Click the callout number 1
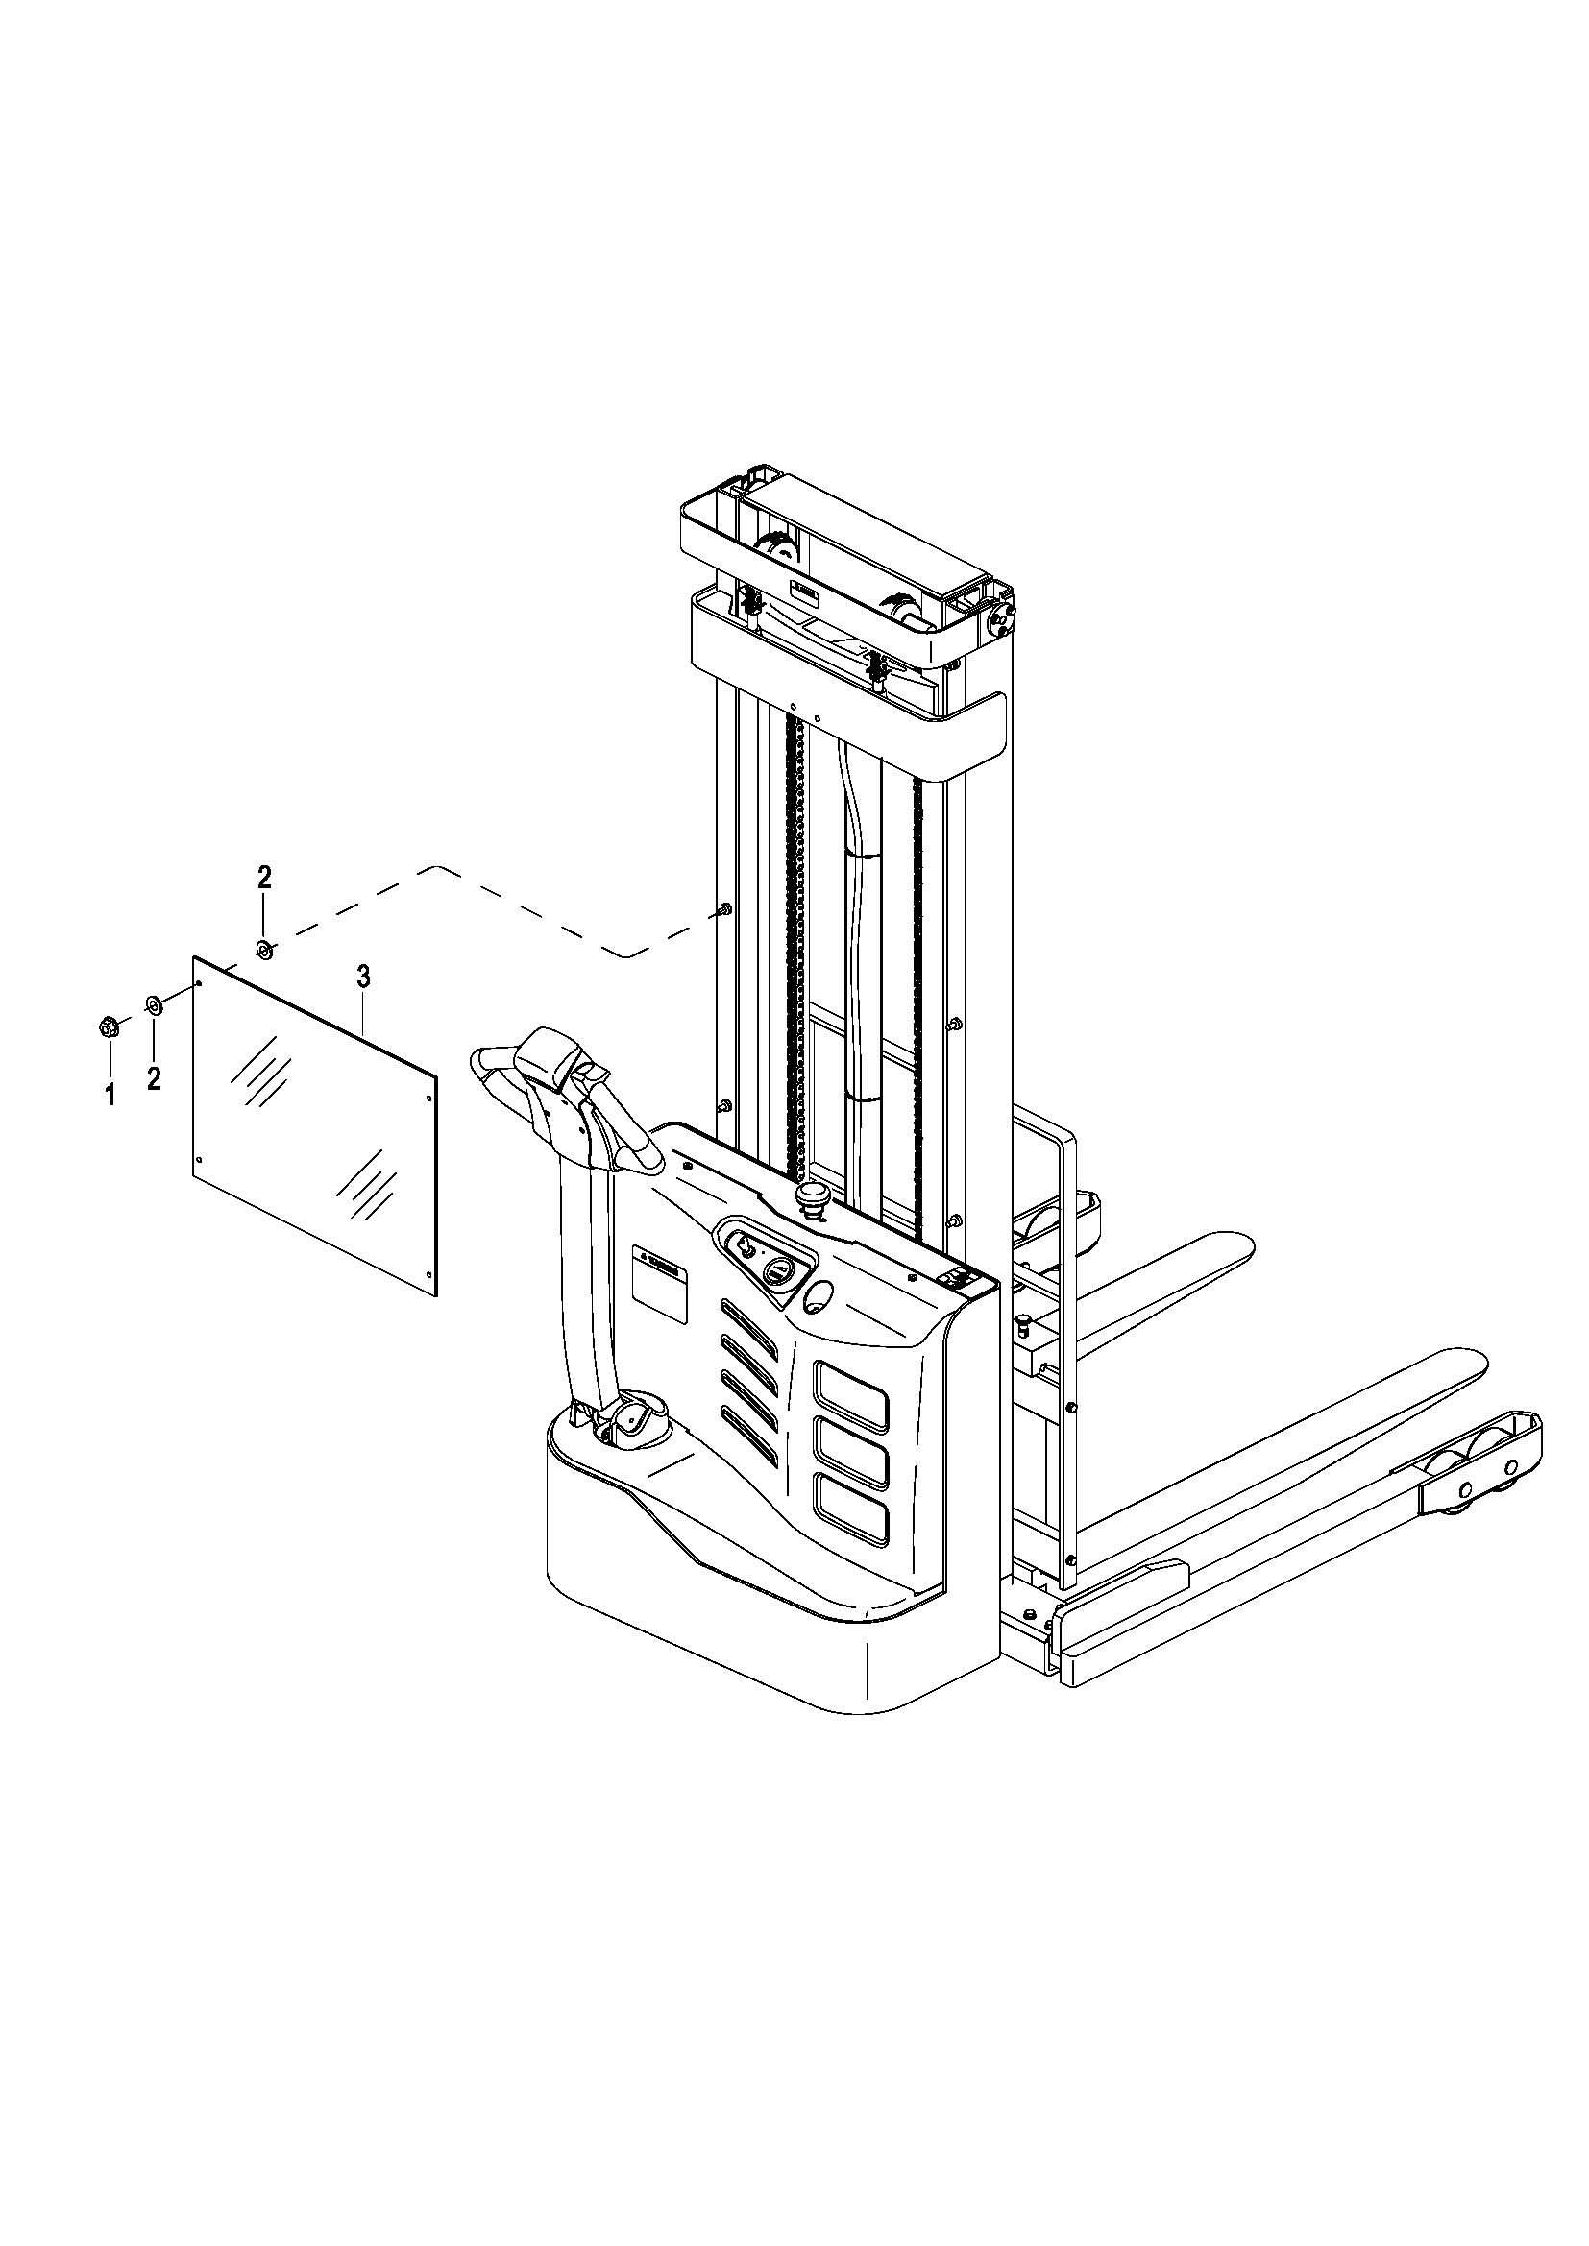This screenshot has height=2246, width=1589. coord(110,1095)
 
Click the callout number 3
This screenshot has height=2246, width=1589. coord(363,976)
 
